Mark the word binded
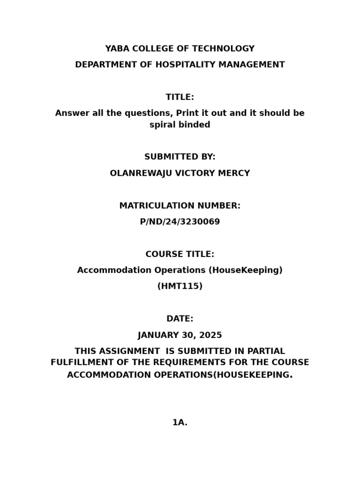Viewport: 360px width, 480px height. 196,125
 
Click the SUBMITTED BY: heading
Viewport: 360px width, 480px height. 180,157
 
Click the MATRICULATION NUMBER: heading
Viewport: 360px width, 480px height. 180,206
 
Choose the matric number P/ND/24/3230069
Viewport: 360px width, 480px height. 180,222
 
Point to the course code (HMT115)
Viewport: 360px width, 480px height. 180,286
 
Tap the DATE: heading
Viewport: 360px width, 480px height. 180,319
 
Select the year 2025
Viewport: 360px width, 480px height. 210,335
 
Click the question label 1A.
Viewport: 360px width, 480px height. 180,422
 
